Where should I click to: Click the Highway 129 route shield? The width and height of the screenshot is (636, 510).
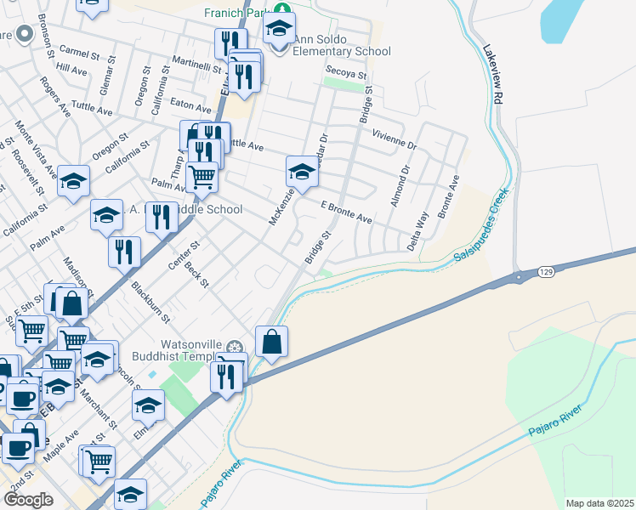coord(547,271)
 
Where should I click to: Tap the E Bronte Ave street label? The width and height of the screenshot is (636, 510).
coord(346,212)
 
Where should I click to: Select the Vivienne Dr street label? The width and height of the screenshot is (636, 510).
coord(395,139)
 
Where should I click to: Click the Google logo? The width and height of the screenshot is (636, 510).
coord(27,500)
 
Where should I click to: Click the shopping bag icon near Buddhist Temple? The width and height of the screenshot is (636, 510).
coord(271,343)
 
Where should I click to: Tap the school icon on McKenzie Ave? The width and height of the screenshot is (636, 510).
coord(302,173)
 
